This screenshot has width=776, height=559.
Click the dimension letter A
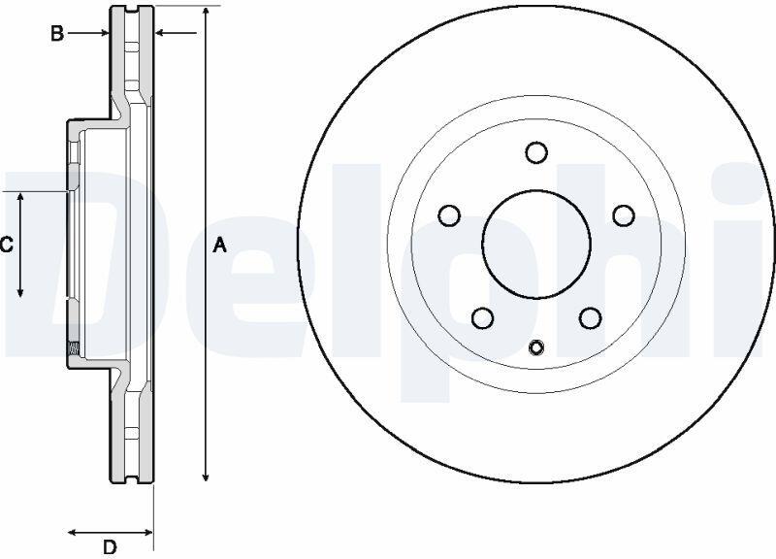(x=220, y=246)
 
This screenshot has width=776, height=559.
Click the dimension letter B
(x=57, y=34)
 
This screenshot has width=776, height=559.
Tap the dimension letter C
(x=6, y=245)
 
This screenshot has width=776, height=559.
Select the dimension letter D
(x=110, y=547)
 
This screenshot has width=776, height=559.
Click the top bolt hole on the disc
(x=536, y=152)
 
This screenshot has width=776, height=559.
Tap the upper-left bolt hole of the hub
(x=450, y=215)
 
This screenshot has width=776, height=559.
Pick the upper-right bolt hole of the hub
(x=624, y=215)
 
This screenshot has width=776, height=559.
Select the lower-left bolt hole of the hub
(x=483, y=318)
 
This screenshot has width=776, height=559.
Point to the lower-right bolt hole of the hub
(x=591, y=318)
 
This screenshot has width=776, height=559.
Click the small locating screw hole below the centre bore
(x=536, y=347)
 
